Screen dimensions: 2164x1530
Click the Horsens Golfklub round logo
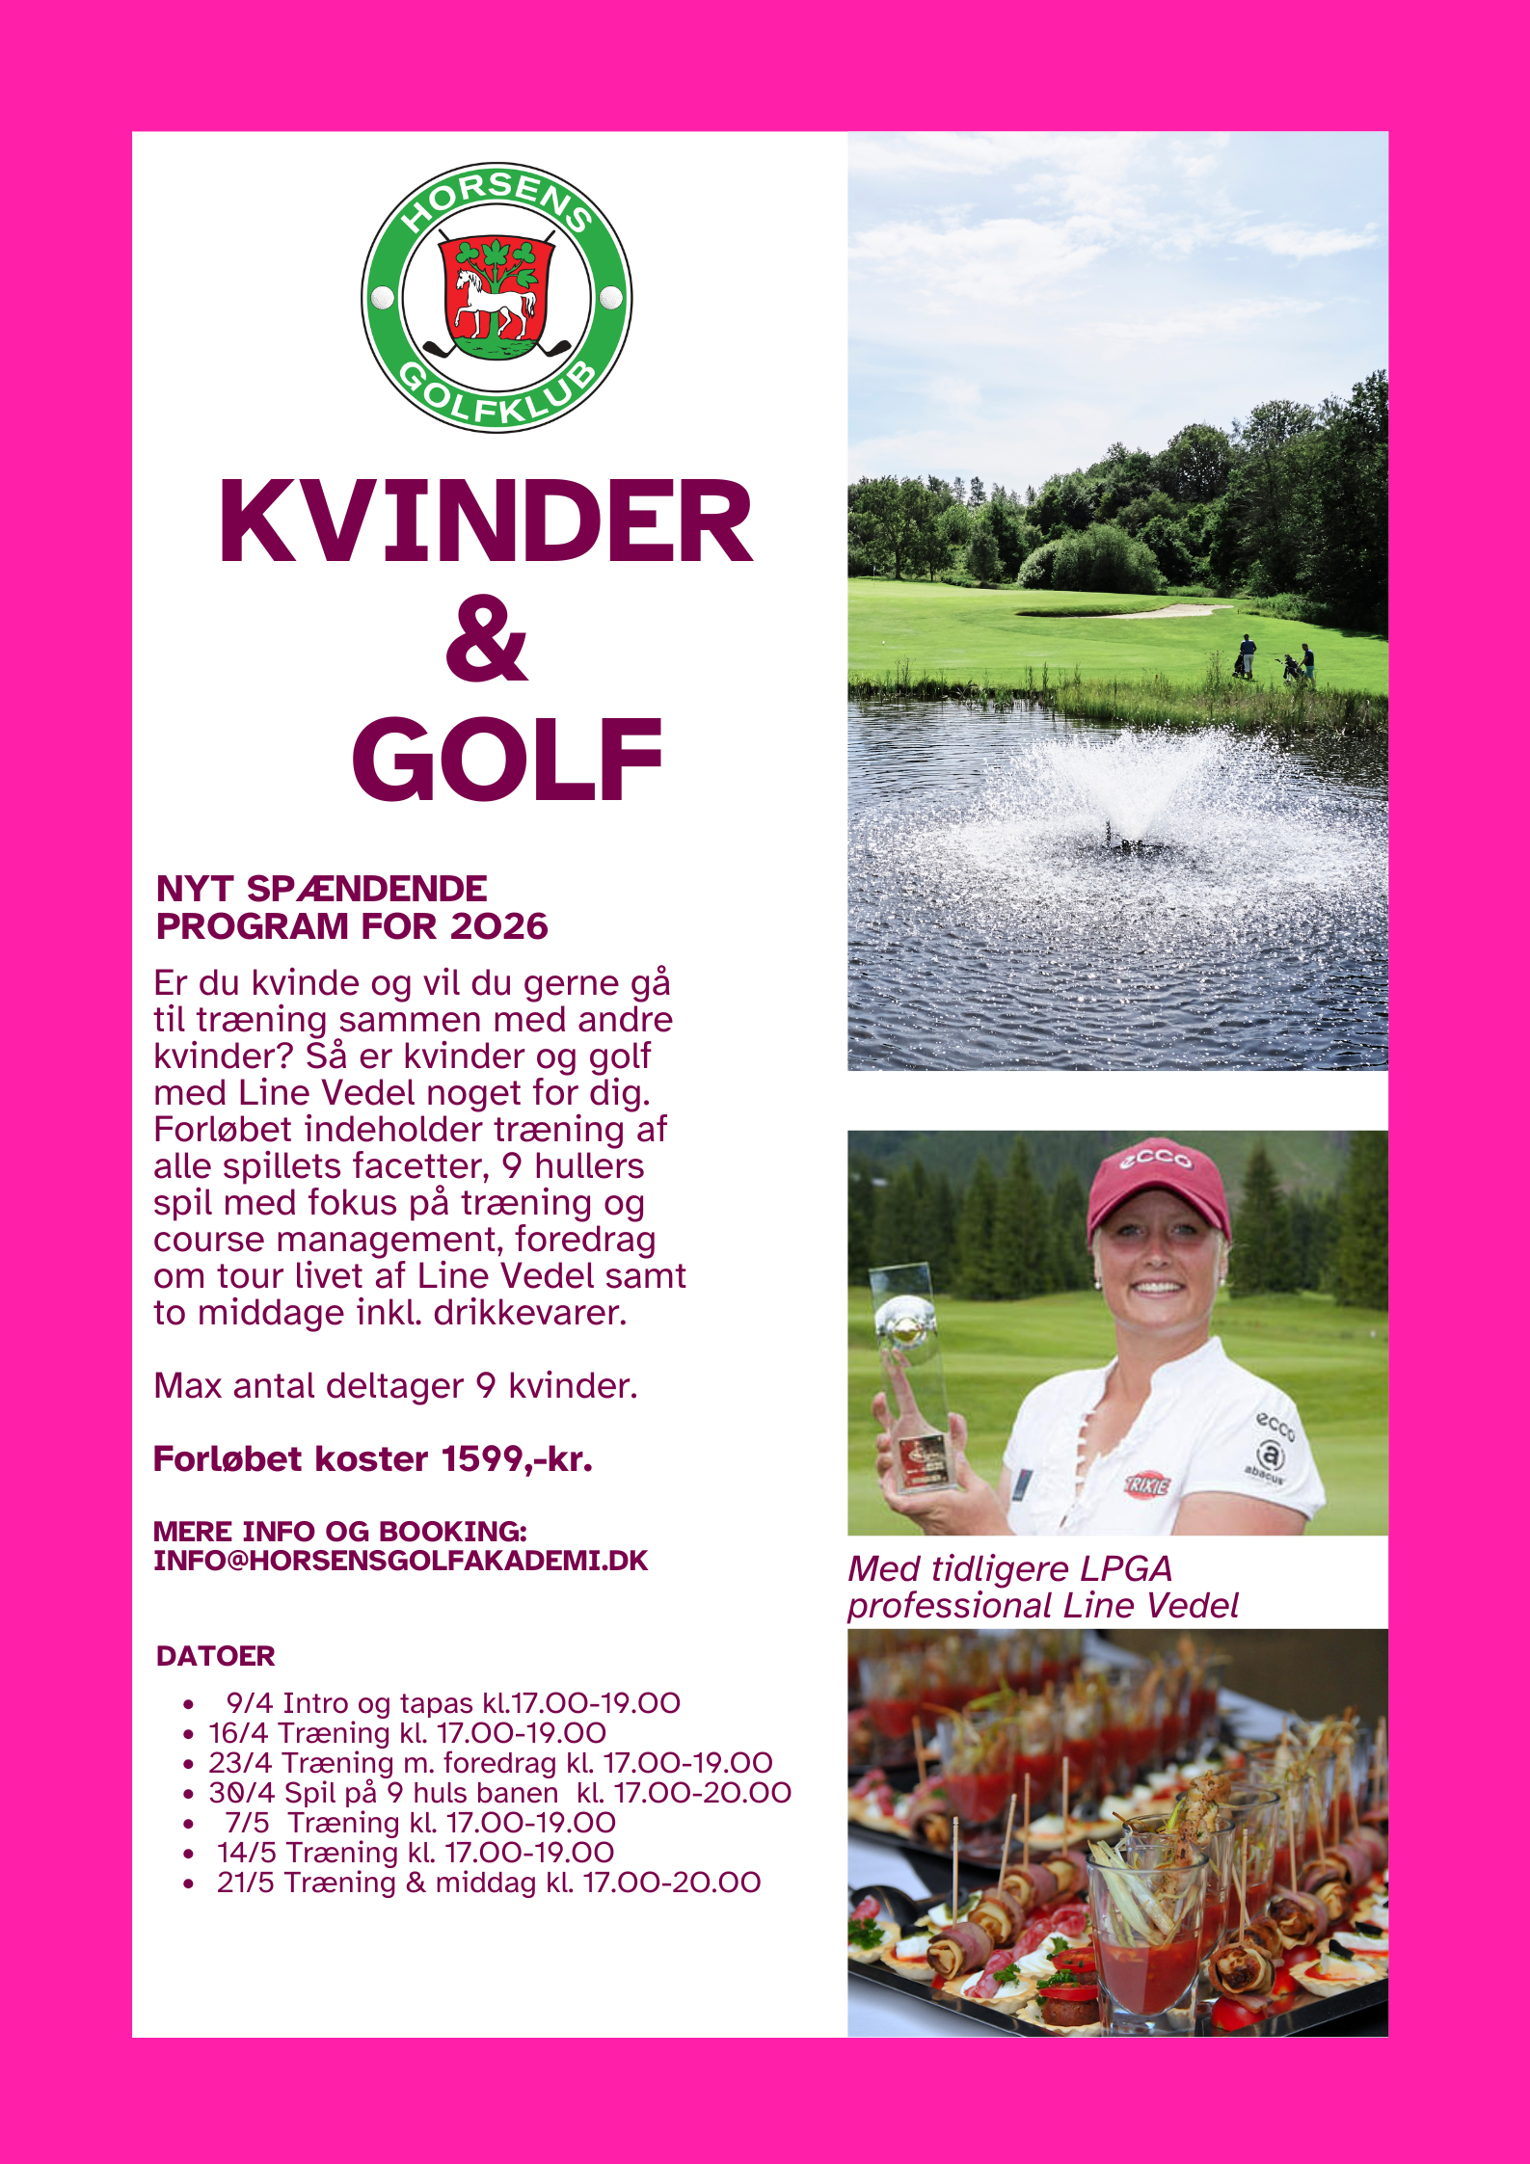click(497, 297)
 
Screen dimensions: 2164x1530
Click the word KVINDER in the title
click(485, 522)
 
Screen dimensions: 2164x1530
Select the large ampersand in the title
click(487, 639)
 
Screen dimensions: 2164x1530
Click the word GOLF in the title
click(507, 760)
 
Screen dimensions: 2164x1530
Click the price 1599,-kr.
click(516, 1459)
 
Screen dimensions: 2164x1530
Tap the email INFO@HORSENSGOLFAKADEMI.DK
click(400, 1561)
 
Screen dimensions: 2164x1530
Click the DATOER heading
click(215, 1656)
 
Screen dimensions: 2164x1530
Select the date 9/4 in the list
click(250, 1703)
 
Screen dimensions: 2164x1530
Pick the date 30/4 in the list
click(241, 1793)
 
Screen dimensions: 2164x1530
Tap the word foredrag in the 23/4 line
click(499, 1763)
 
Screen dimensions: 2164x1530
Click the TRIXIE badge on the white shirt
click(1146, 1484)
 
